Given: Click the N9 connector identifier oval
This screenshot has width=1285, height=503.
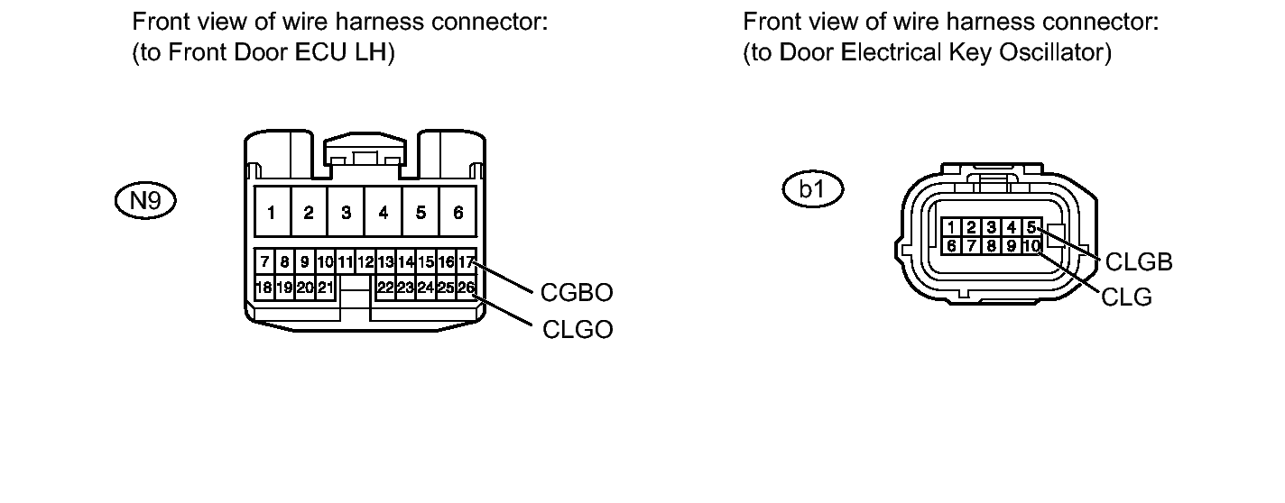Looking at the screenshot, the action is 145,200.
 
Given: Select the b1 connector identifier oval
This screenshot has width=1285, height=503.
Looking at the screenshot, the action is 813,189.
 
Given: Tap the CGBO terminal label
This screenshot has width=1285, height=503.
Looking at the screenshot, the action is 577,293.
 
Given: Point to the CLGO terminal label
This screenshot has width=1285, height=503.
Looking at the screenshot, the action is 578,329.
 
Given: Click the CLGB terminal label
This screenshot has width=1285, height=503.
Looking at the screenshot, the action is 1139,262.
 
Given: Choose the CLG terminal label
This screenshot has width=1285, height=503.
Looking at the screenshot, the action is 1127,297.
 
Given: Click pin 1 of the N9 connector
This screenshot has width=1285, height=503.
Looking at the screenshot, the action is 272,212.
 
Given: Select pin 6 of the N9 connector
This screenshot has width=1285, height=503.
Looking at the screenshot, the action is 458,212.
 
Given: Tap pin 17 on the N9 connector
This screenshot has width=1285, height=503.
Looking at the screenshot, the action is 466,261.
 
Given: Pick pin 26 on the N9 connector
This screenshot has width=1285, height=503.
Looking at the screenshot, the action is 466,287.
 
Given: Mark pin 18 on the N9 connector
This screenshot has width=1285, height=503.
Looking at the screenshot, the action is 263,287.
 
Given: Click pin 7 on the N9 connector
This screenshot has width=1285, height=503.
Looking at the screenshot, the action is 264,261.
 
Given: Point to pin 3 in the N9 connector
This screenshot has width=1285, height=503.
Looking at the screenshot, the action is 346,212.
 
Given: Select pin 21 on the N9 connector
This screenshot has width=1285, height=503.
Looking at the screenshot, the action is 325,287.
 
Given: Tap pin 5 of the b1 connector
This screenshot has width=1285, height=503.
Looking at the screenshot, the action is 1031,227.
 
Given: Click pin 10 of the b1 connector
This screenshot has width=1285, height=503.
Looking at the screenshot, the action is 1031,246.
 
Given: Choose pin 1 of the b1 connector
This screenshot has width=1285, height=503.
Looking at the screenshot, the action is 951,227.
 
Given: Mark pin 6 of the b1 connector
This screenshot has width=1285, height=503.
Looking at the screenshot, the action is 951,246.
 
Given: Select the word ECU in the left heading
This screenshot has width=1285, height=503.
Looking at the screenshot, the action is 321,52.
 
